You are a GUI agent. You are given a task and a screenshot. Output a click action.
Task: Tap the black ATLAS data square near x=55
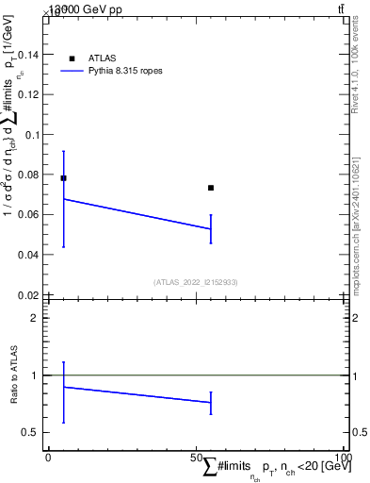pos(211,188)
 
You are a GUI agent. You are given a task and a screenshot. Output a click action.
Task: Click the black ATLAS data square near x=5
pos(63,177)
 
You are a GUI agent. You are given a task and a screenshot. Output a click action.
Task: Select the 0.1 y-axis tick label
pos(33,134)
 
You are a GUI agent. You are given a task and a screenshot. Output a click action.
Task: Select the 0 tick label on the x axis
pos(49,457)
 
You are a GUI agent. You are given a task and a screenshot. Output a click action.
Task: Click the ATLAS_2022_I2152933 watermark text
pos(197,281)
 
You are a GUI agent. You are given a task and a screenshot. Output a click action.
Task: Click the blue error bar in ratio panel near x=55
pos(211,403)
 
